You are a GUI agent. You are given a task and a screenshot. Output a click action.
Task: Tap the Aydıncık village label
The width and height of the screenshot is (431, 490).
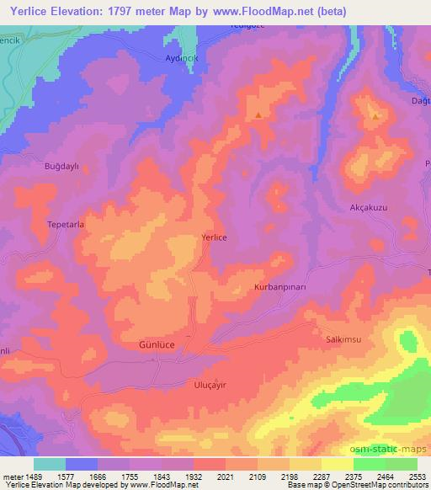coord(182,57)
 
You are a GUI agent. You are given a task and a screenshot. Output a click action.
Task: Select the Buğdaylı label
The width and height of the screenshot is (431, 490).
coord(61,167)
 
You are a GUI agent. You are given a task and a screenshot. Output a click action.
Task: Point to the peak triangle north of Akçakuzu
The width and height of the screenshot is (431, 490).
coord(375,117)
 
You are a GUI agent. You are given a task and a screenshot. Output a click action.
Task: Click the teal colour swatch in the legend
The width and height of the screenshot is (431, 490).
coord(50,464)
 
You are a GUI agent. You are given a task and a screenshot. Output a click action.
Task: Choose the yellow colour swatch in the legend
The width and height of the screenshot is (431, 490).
coord(337,464)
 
